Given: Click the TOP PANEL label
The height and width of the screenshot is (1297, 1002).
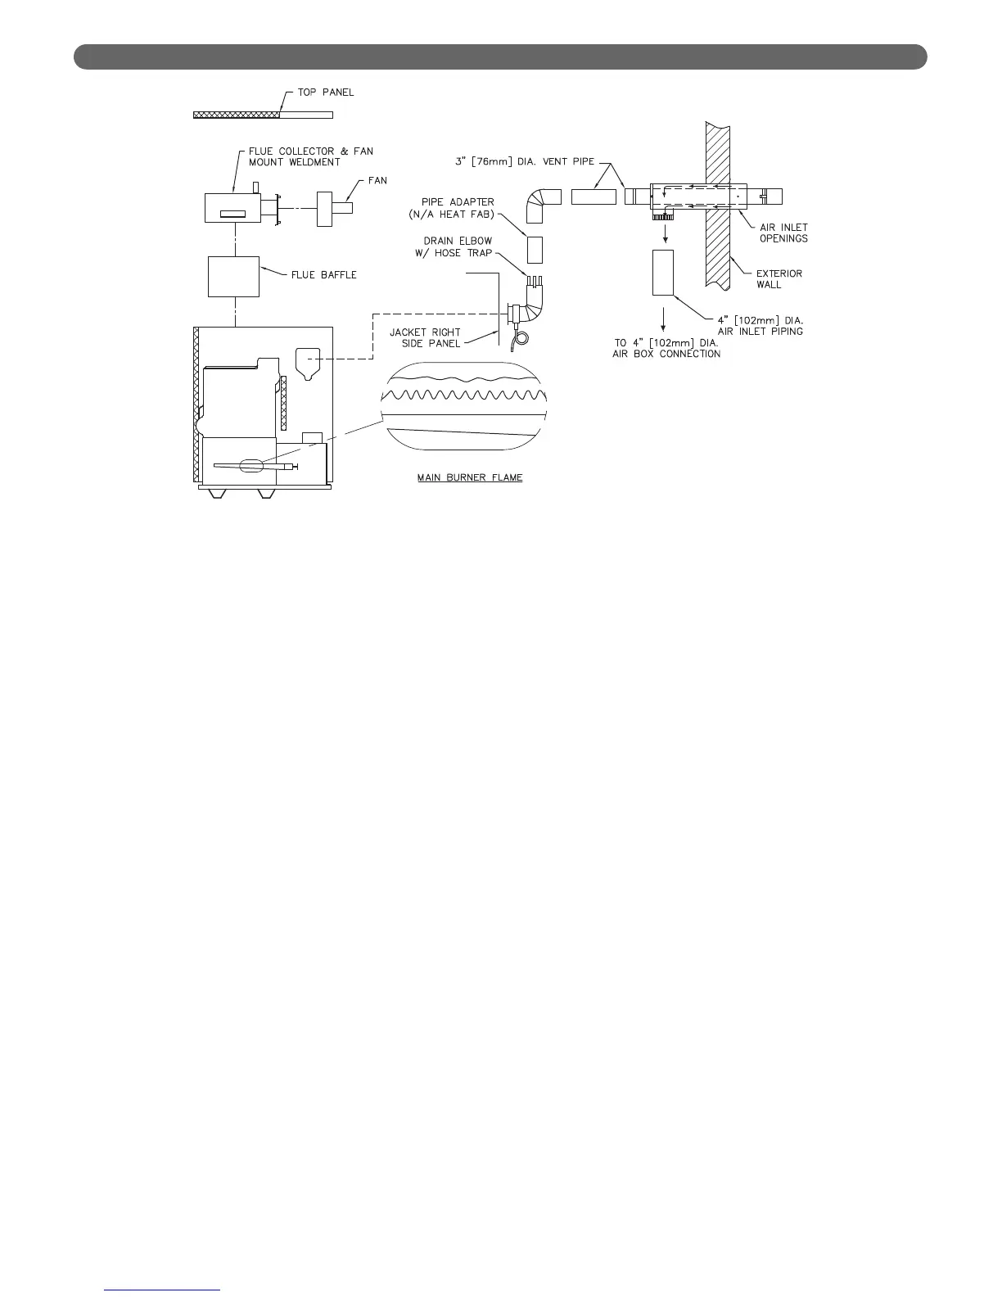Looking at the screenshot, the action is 326,93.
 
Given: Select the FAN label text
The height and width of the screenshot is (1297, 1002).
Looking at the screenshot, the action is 377,180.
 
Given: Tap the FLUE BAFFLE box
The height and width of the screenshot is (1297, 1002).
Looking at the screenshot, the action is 233,277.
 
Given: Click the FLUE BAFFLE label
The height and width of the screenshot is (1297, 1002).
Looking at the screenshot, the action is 324,275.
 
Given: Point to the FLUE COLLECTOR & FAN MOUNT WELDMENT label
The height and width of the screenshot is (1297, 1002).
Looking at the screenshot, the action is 310,156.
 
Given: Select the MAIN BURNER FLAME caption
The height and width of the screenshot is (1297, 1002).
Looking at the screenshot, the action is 470,477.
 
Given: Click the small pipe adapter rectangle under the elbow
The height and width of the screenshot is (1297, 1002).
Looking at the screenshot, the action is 535,249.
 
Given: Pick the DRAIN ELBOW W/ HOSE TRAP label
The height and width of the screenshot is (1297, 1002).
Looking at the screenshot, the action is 458,246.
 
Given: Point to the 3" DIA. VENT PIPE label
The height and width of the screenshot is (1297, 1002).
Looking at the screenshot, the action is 525,161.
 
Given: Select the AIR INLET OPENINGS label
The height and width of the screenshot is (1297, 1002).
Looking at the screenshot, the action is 783,233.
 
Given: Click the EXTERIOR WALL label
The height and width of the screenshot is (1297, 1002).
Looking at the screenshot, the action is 779,279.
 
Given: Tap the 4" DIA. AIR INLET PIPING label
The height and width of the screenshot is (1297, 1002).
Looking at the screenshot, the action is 760,325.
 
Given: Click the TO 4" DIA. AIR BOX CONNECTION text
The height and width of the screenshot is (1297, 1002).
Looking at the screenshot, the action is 666,348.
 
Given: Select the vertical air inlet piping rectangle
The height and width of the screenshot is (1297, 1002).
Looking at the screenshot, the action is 662,273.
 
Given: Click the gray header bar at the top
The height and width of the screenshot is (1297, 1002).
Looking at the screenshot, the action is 500,56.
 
